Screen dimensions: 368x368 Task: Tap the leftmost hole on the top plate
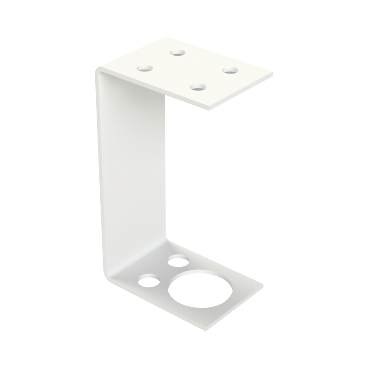coord(145,69)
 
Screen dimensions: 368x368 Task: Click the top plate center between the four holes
coord(188,69)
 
